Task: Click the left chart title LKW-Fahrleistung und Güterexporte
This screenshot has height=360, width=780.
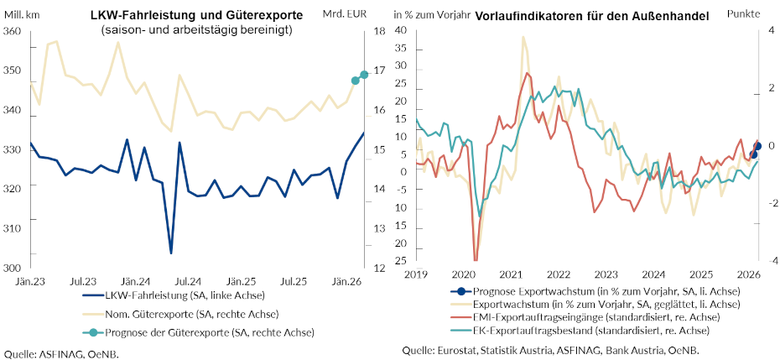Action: (197, 16)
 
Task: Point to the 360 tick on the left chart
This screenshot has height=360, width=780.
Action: (13, 31)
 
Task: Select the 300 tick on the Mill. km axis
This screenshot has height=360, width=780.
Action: (13, 268)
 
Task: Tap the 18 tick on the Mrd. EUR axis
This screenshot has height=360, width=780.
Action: (378, 31)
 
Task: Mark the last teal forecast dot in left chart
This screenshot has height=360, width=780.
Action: (364, 75)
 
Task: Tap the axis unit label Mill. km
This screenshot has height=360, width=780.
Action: (23, 14)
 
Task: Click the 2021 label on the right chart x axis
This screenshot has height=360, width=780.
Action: (512, 274)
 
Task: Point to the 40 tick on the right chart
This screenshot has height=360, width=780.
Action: (400, 31)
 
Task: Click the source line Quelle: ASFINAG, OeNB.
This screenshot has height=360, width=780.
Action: (62, 353)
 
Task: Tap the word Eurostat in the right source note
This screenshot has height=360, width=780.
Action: (461, 350)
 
